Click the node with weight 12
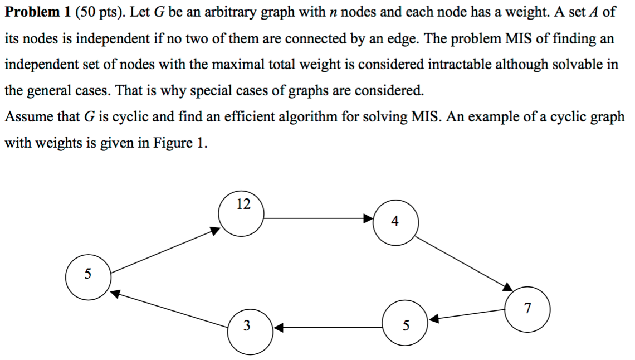click(241, 214)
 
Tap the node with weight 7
click(527, 308)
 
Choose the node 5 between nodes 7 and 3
click(406, 323)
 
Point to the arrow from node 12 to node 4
click(318, 218)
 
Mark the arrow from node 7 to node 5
click(468, 316)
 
